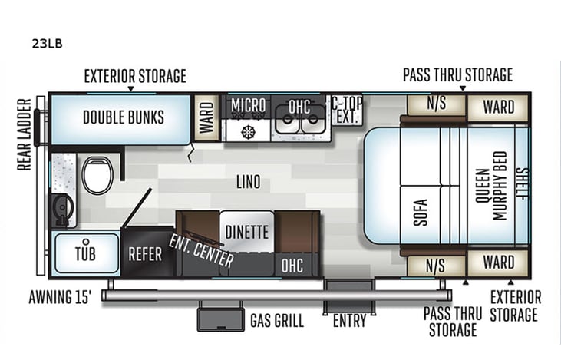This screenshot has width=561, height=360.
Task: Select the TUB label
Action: point(86,254)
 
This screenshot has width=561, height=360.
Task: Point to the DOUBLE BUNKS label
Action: point(123,117)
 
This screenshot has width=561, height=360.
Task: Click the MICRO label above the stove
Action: point(248,105)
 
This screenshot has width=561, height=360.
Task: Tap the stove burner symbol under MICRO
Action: point(248,130)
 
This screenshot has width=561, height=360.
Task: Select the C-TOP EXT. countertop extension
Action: point(346,111)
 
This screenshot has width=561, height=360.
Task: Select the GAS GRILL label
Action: point(277,320)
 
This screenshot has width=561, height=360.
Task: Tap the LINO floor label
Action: point(248,182)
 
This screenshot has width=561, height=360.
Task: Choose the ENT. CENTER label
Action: point(202,250)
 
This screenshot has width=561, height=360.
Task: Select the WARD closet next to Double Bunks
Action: point(205,117)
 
